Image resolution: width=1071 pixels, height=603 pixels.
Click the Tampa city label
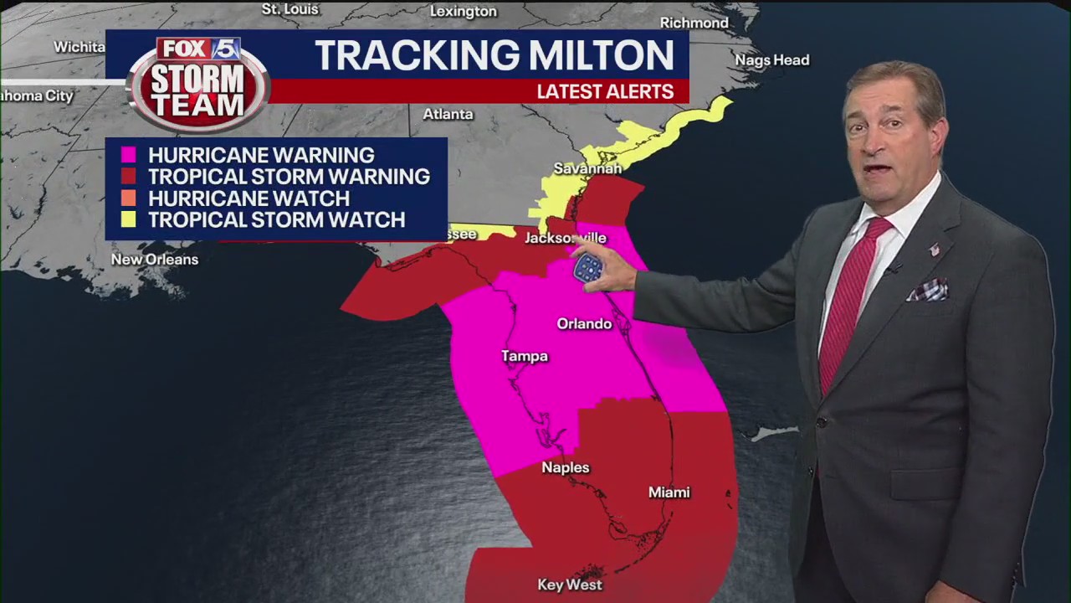click(x=525, y=357)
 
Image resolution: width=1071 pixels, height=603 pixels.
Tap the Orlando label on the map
click(x=584, y=324)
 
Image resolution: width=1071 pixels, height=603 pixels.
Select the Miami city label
click(x=669, y=492)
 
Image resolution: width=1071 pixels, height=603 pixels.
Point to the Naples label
click(x=566, y=468)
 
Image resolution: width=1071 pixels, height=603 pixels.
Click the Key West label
click(x=570, y=585)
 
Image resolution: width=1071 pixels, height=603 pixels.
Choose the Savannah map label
click(x=587, y=168)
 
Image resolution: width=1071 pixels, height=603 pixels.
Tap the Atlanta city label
click(x=448, y=114)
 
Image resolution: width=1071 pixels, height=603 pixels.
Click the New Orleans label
click(x=155, y=260)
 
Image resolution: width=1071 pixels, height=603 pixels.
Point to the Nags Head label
click(x=771, y=60)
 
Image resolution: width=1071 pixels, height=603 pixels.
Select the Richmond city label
click(x=694, y=23)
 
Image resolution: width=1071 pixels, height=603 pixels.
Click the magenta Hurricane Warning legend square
click(x=128, y=155)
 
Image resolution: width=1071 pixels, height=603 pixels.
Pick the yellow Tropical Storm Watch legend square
click(x=128, y=220)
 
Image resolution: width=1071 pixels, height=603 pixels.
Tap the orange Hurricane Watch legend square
click(x=128, y=198)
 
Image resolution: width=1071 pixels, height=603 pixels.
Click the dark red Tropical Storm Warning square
click(x=128, y=177)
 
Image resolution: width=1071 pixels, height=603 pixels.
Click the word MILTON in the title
click(x=591, y=56)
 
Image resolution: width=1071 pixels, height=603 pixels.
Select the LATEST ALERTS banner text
click(x=605, y=92)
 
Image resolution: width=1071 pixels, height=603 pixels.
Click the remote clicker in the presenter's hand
click(x=588, y=268)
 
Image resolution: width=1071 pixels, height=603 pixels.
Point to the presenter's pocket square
click(x=927, y=290)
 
